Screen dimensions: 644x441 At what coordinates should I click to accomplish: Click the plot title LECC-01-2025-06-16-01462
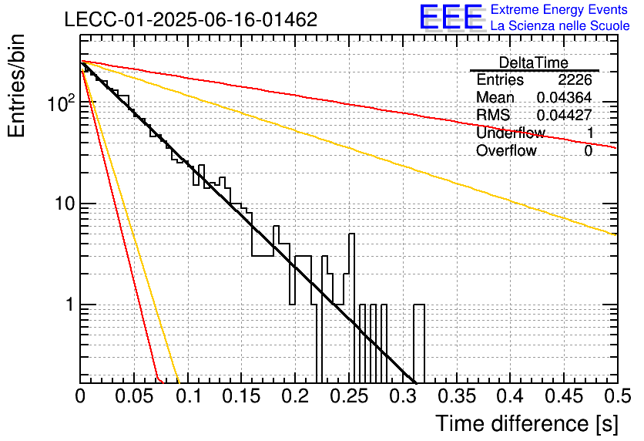191,19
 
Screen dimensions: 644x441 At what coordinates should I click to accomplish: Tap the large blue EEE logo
451,18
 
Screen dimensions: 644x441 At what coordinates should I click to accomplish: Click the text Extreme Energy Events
559,9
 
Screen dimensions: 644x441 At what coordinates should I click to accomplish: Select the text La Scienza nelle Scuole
560,26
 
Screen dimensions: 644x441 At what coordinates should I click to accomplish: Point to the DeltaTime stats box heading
534,62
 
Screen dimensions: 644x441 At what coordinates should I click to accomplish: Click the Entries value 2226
575,79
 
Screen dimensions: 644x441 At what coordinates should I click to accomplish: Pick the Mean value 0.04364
564,97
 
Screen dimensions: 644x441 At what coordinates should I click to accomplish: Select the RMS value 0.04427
564,115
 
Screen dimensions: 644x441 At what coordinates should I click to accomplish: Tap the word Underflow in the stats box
511,133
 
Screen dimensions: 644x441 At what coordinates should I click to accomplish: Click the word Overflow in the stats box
506,150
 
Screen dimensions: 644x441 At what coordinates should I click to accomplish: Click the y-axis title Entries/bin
16,86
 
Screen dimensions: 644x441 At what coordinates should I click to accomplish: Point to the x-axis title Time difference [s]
527,423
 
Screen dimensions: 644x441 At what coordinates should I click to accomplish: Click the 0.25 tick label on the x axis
349,396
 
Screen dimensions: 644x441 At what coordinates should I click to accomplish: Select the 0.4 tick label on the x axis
511,396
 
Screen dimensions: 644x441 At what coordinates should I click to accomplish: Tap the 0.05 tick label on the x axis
134,396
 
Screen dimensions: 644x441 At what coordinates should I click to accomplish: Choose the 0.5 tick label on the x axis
617,396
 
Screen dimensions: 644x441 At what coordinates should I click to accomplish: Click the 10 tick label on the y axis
64,204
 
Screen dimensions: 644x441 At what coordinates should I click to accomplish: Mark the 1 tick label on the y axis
69,305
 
